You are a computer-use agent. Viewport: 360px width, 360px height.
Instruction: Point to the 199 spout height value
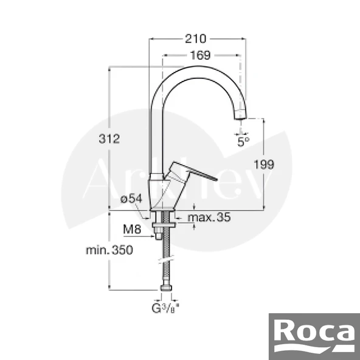[x=265, y=164]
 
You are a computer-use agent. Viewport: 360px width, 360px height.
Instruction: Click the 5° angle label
[x=243, y=142]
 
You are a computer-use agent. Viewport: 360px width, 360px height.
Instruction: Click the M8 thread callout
[x=133, y=230]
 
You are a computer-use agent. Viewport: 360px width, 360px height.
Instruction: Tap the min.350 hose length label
[x=109, y=249]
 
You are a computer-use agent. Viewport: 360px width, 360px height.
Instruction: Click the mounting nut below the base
[x=164, y=224]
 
